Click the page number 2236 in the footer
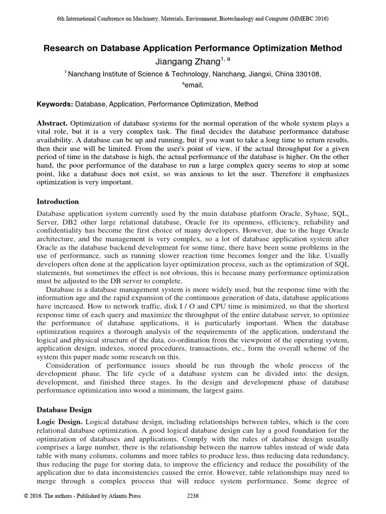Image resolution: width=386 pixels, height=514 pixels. coord(193,496)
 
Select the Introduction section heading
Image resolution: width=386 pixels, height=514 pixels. coord(58,202)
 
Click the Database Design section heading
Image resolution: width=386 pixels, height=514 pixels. coord(65,410)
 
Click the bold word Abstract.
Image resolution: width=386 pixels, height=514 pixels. coord(52,123)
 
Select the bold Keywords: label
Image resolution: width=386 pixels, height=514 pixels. coord(55,104)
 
